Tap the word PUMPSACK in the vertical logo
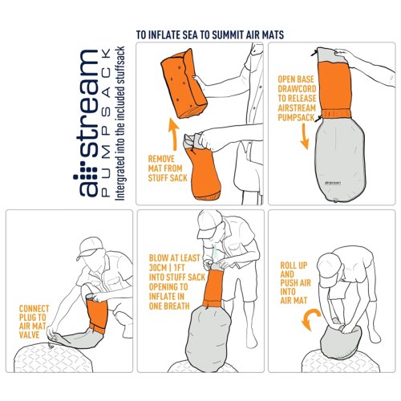click(x=106, y=124)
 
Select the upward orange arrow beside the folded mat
click(x=174, y=135)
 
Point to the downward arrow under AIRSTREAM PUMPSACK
click(x=304, y=136)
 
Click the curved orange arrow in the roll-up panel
click(x=310, y=320)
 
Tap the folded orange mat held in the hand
click(x=184, y=84)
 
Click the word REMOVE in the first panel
click(x=161, y=159)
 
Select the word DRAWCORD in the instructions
click(x=297, y=89)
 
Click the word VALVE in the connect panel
click(x=30, y=334)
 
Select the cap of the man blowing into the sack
click(x=210, y=223)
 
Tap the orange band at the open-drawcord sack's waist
click(x=336, y=113)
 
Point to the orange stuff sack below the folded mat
click(x=204, y=172)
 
